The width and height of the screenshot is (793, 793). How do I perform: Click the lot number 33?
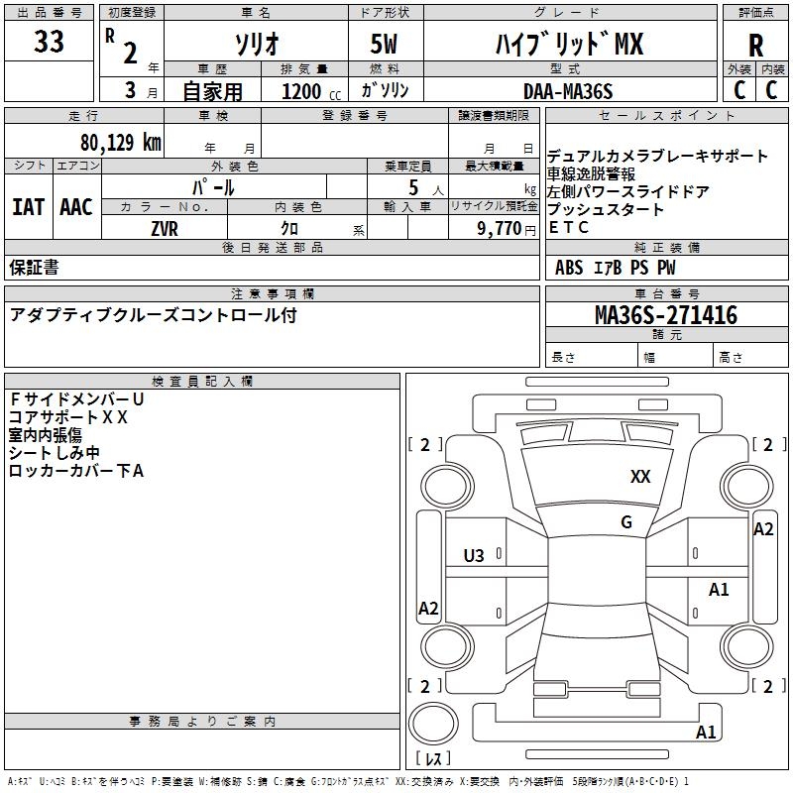49,43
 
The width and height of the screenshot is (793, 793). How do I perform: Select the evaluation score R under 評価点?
755,45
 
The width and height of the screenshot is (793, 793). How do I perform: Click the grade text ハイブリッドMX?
569,44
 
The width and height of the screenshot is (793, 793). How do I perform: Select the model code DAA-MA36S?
568,91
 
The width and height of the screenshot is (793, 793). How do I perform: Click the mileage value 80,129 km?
120,142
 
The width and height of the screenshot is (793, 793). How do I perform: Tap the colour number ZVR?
164,228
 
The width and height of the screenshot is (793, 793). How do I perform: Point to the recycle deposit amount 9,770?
496,228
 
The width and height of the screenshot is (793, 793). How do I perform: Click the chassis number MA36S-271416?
665,315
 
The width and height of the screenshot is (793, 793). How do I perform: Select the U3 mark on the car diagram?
474,556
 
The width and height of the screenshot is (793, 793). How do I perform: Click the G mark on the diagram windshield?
626,522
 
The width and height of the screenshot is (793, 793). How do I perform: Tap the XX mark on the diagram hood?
640,477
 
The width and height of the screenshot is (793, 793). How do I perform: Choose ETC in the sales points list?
568,228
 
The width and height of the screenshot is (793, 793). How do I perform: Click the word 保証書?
34,268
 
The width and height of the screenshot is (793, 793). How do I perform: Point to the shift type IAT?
28,207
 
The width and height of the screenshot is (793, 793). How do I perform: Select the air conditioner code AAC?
76,207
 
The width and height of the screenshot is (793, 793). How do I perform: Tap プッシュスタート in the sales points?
606,210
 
